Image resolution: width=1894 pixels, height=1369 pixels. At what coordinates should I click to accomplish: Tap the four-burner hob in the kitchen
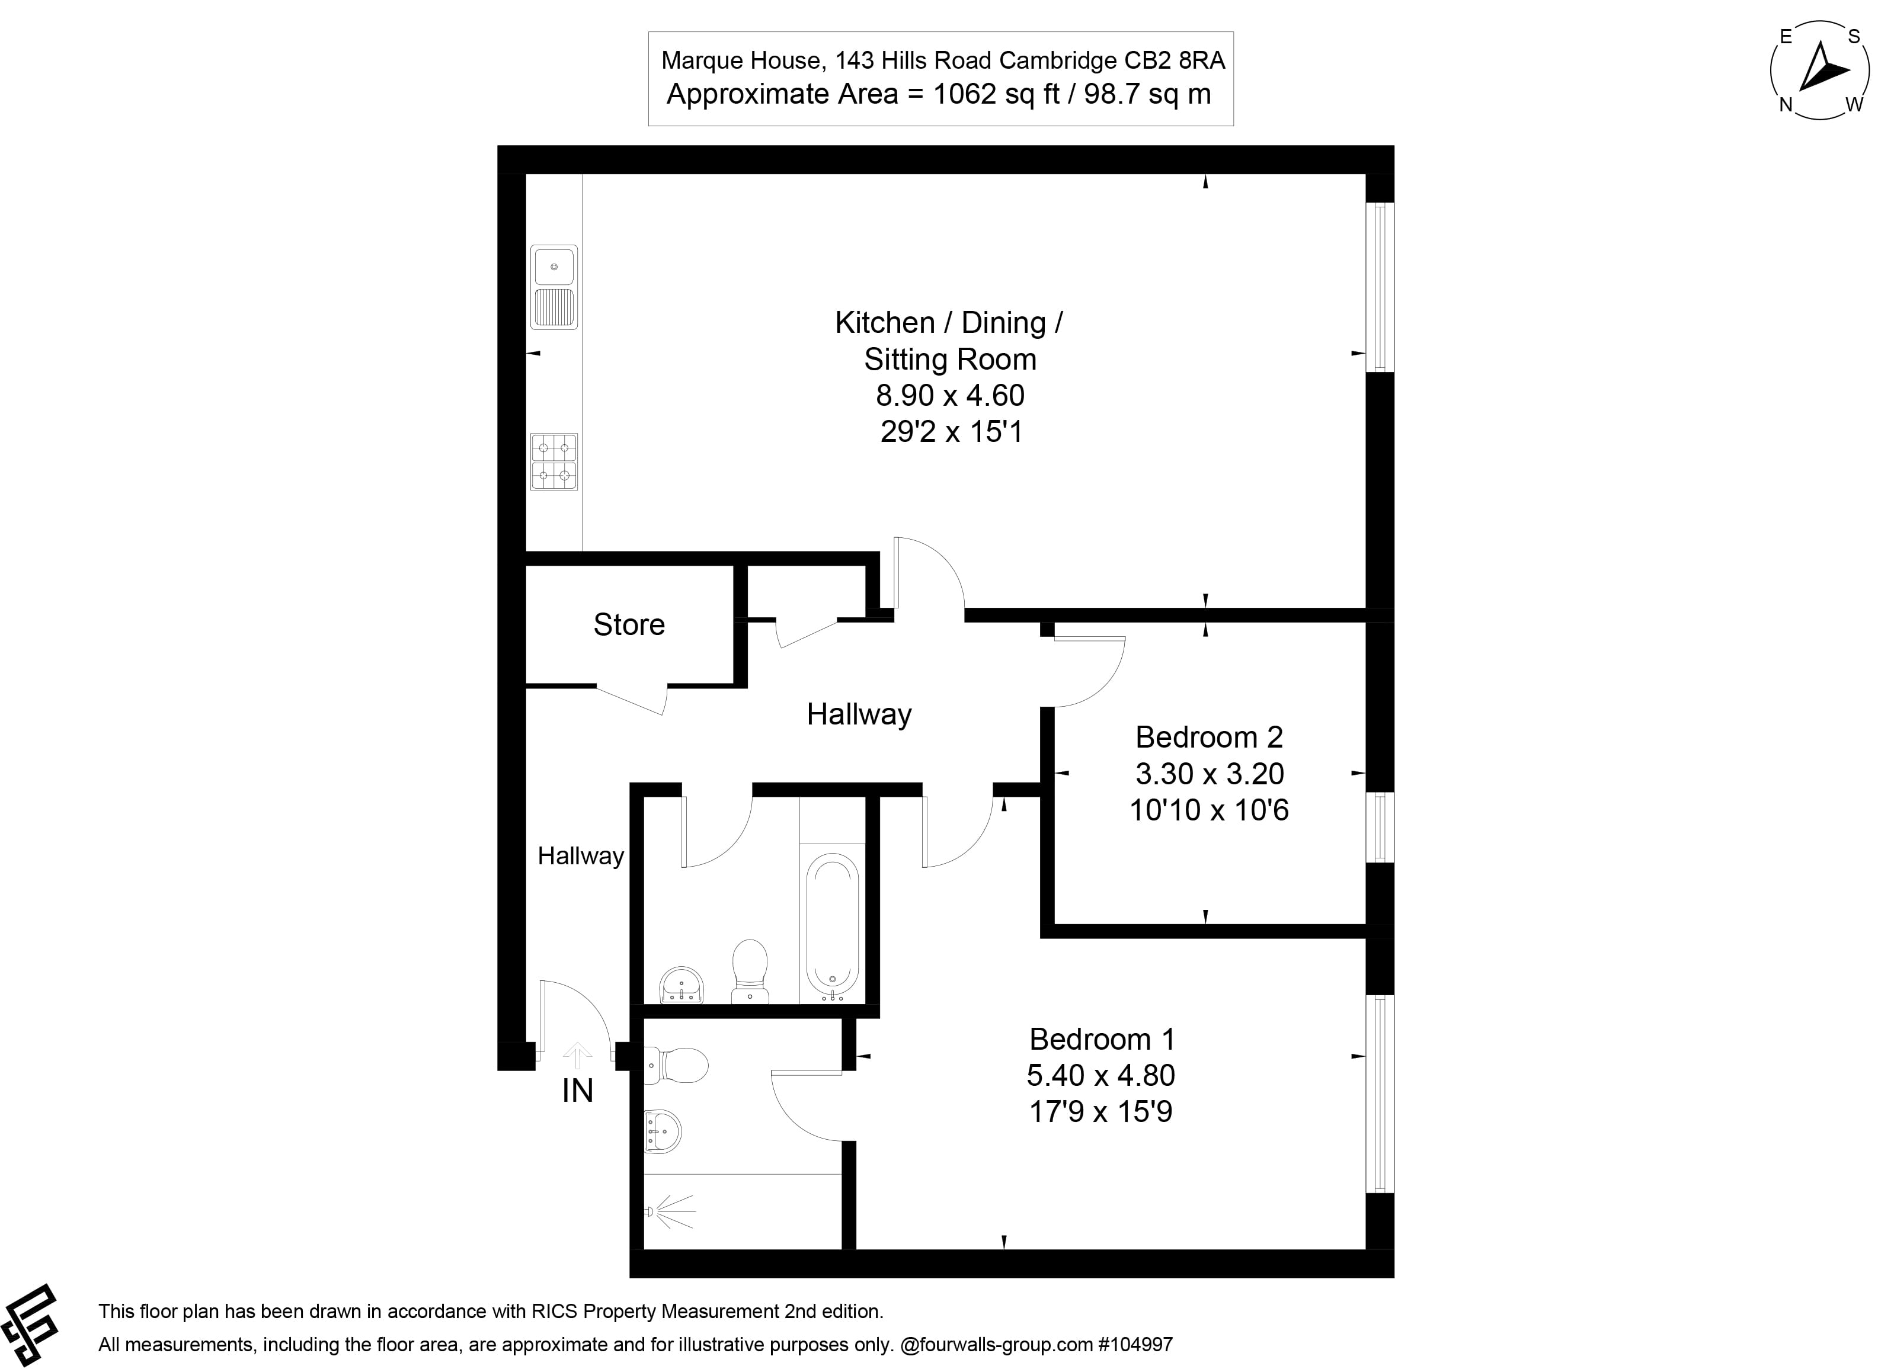coord(554,461)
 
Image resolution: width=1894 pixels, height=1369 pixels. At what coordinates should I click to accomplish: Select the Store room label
coord(629,624)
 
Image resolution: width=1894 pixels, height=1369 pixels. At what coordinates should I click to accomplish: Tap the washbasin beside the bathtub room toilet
coord(682,986)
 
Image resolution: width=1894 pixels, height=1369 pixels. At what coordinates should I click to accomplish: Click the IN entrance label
coord(577,1091)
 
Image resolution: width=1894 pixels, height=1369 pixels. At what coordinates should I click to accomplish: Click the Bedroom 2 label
coord(1208,737)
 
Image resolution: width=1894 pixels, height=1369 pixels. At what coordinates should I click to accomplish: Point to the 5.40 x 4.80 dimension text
coord(1100,1075)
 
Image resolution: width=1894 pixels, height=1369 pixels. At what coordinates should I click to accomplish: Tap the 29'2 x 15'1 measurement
coord(951,432)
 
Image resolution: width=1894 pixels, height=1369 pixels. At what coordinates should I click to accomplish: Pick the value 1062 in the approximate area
coord(965,94)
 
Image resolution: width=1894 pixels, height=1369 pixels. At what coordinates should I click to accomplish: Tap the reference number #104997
coord(1135,1345)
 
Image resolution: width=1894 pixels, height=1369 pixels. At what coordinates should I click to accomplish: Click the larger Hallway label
coord(859,714)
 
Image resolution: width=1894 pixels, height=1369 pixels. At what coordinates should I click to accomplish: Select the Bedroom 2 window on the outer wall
coord(1380,827)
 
